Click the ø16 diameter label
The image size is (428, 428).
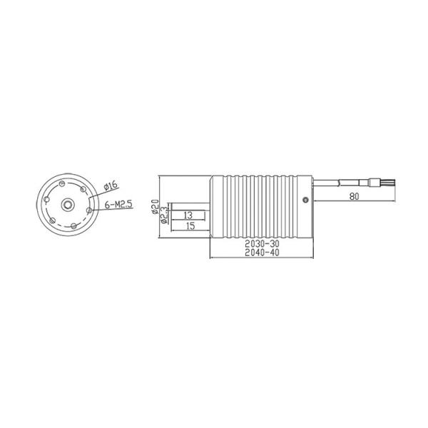click(111, 186)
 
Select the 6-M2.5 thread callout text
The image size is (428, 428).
click(118, 204)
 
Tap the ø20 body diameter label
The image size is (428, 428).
click(155, 206)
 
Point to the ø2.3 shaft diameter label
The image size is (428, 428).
click(165, 215)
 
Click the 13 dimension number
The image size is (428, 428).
click(188, 215)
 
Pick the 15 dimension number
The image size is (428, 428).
click(190, 226)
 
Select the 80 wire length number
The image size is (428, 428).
click(354, 196)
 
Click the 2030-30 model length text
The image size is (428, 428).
click(262, 243)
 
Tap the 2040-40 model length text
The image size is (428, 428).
click(262, 253)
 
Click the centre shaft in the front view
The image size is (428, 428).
click(67, 205)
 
